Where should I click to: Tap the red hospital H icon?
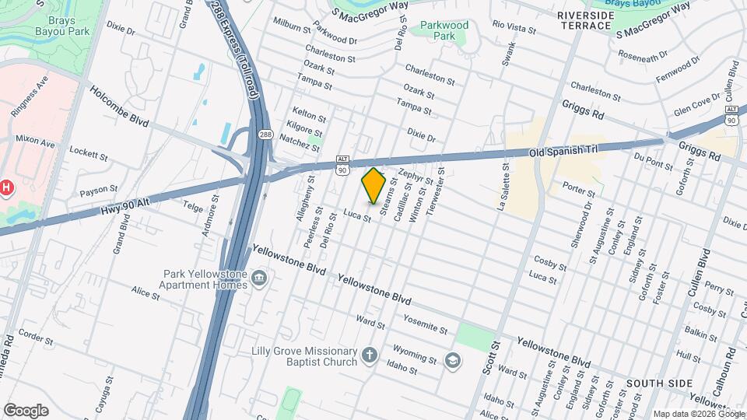(x=6, y=187)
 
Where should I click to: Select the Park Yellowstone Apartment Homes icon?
(x=260, y=278)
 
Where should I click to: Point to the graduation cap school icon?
(x=452, y=360)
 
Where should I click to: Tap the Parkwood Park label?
(x=444, y=30)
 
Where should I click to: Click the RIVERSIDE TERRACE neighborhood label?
(x=584, y=20)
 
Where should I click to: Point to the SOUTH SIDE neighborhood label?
(x=659, y=383)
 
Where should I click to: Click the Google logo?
(x=26, y=410)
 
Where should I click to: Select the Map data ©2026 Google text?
(x=699, y=414)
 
